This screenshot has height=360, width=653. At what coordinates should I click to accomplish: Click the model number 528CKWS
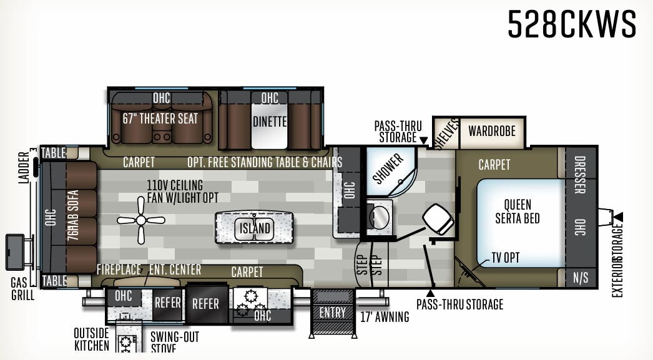pyautogui.click(x=572, y=26)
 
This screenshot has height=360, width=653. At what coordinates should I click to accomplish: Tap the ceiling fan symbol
pyautogui.click(x=140, y=220)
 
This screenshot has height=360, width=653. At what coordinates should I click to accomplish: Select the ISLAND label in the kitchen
pyautogui.click(x=255, y=228)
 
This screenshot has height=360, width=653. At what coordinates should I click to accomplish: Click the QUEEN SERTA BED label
pyautogui.click(x=518, y=212)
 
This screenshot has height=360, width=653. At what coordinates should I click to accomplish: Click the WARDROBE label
pyautogui.click(x=492, y=131)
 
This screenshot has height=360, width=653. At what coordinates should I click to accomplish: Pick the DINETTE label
pyautogui.click(x=270, y=121)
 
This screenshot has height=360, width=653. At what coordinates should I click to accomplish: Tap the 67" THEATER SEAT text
pyautogui.click(x=160, y=119)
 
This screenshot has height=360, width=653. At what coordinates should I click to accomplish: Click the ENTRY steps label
pyautogui.click(x=332, y=313)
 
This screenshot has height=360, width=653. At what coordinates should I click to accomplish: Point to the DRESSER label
pyautogui.click(x=580, y=175)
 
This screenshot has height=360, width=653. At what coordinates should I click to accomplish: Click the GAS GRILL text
pyautogui.click(x=22, y=289)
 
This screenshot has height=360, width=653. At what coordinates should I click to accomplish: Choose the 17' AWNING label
pyautogui.click(x=385, y=317)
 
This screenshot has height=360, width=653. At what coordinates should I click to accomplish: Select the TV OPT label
pyautogui.click(x=505, y=257)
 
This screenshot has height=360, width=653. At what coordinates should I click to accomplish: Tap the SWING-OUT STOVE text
pyautogui.click(x=175, y=343)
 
